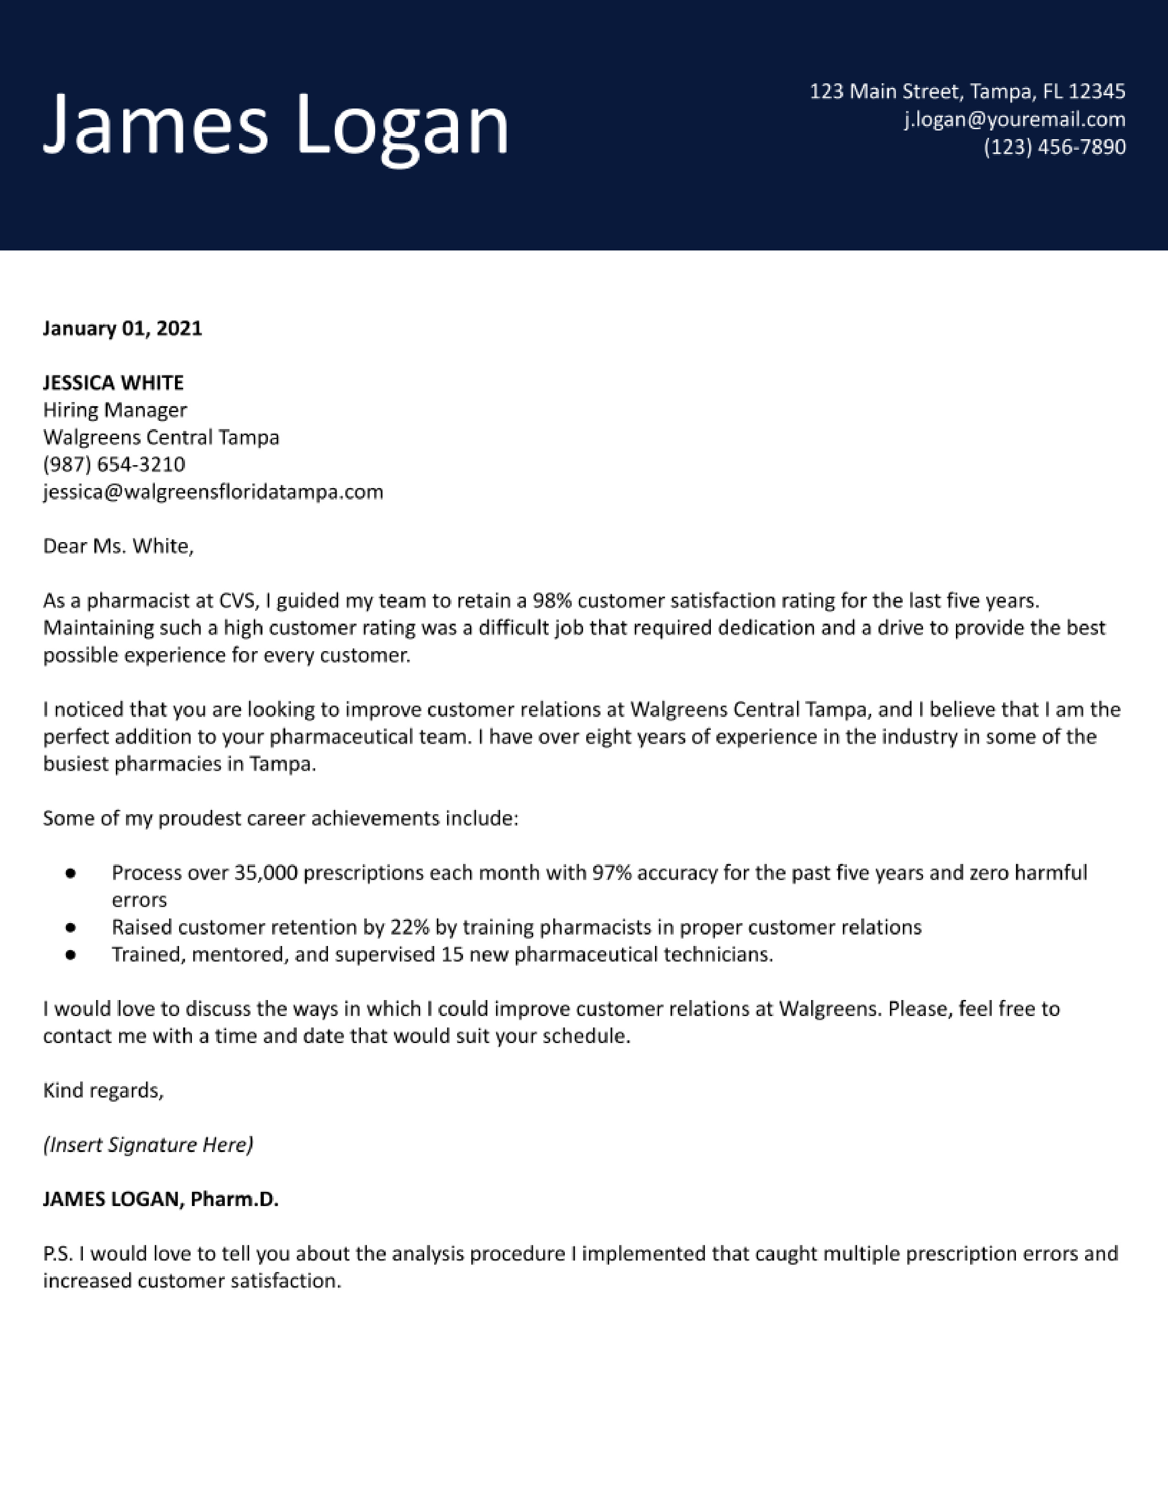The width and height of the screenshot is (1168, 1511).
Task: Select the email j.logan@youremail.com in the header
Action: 1015,120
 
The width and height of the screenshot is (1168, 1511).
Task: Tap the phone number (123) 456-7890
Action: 1054,147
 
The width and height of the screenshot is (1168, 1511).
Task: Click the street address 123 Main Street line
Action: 967,91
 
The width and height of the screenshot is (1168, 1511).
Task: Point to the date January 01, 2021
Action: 122,328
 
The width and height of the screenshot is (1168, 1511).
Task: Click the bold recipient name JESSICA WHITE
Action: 114,383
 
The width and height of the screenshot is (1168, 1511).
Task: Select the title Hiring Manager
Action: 115,410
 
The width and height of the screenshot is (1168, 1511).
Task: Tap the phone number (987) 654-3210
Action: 114,464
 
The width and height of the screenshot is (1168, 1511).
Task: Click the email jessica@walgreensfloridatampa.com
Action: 213,492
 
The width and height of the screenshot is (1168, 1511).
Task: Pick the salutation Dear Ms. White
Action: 118,547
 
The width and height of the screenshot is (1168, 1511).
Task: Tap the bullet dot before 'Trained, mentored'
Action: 70,955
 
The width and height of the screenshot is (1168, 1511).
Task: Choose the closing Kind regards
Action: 103,1091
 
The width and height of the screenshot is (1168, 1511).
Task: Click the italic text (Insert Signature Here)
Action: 148,1145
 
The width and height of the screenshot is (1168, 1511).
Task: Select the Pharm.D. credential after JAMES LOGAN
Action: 235,1200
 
